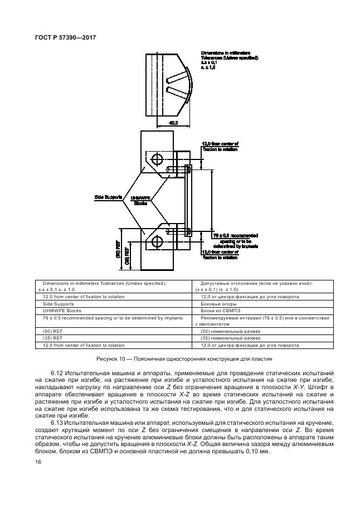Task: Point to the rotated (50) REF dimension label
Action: click(x=118, y=248)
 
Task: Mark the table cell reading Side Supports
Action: click(x=58, y=304)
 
